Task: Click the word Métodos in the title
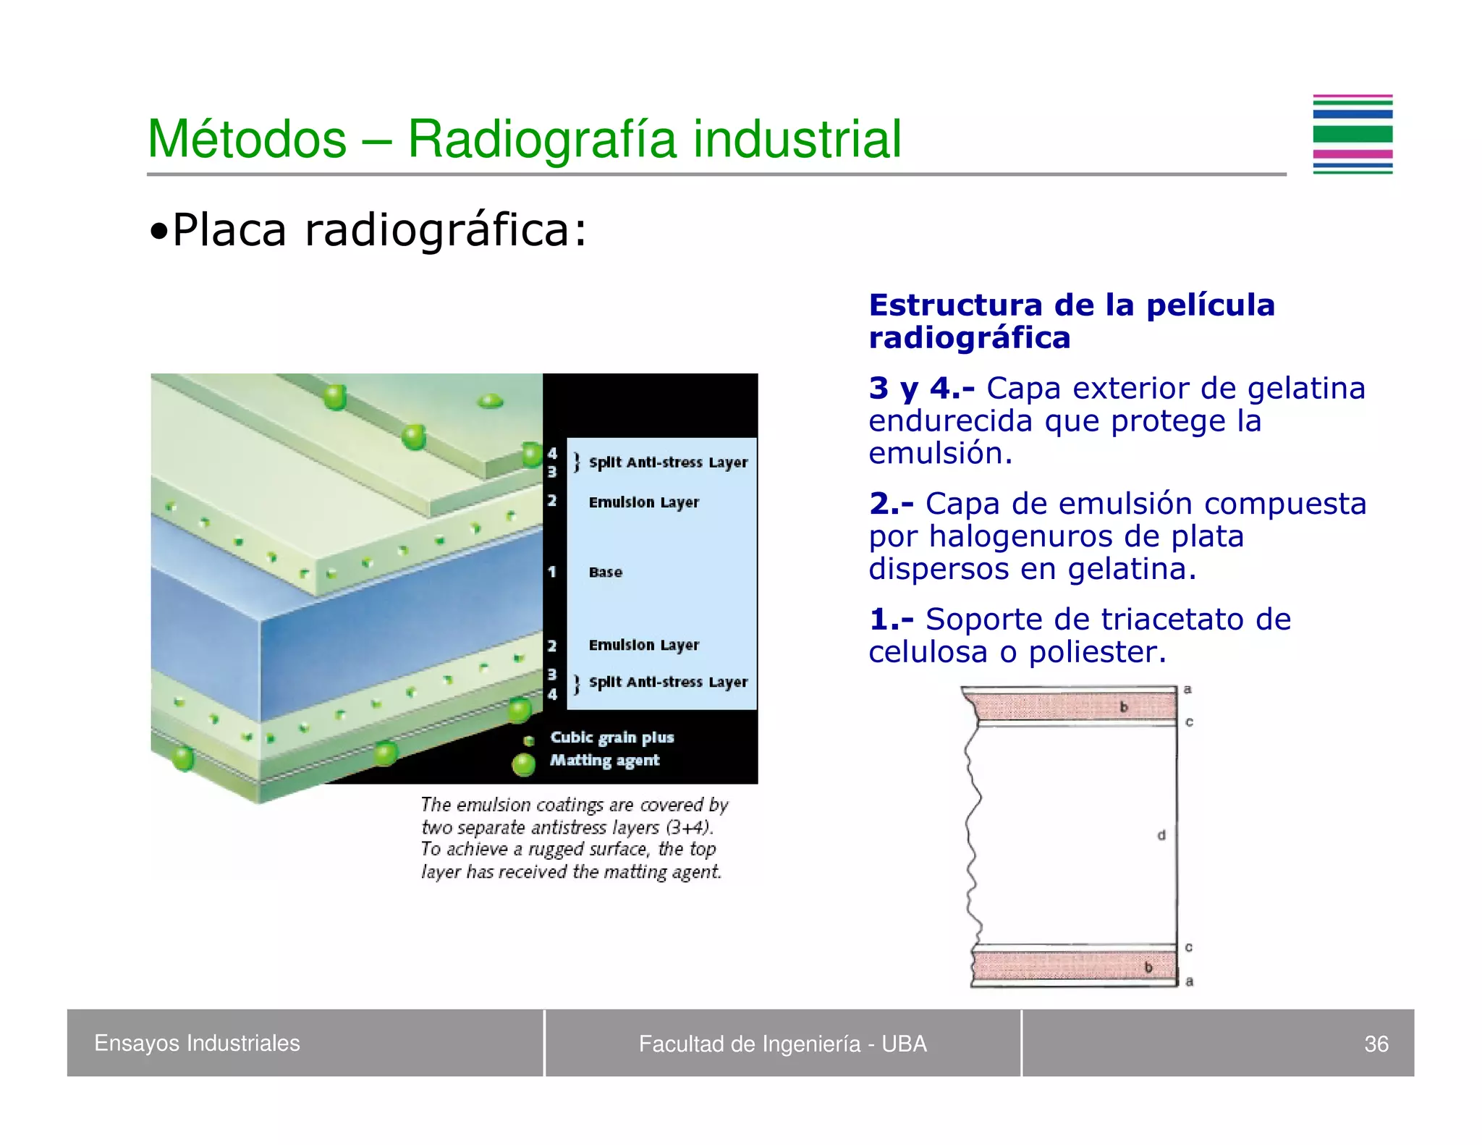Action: [247, 139]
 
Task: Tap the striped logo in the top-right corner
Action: [1352, 135]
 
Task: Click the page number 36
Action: [1376, 1044]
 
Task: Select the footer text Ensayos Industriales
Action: [197, 1043]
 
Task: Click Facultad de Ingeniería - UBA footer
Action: [782, 1044]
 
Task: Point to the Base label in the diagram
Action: [605, 572]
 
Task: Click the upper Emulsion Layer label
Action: [643, 502]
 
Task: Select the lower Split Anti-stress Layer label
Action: [667, 682]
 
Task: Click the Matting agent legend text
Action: [604, 760]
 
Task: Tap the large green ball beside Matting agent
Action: [523, 764]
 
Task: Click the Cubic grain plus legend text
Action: [611, 738]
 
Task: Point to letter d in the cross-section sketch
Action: [1161, 835]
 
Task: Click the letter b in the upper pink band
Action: [1124, 707]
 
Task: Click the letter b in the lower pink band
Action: [1148, 967]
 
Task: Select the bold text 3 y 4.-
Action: [921, 389]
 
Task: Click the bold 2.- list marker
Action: [891, 504]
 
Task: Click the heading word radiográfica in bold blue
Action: [969, 338]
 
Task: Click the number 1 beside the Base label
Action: [552, 572]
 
